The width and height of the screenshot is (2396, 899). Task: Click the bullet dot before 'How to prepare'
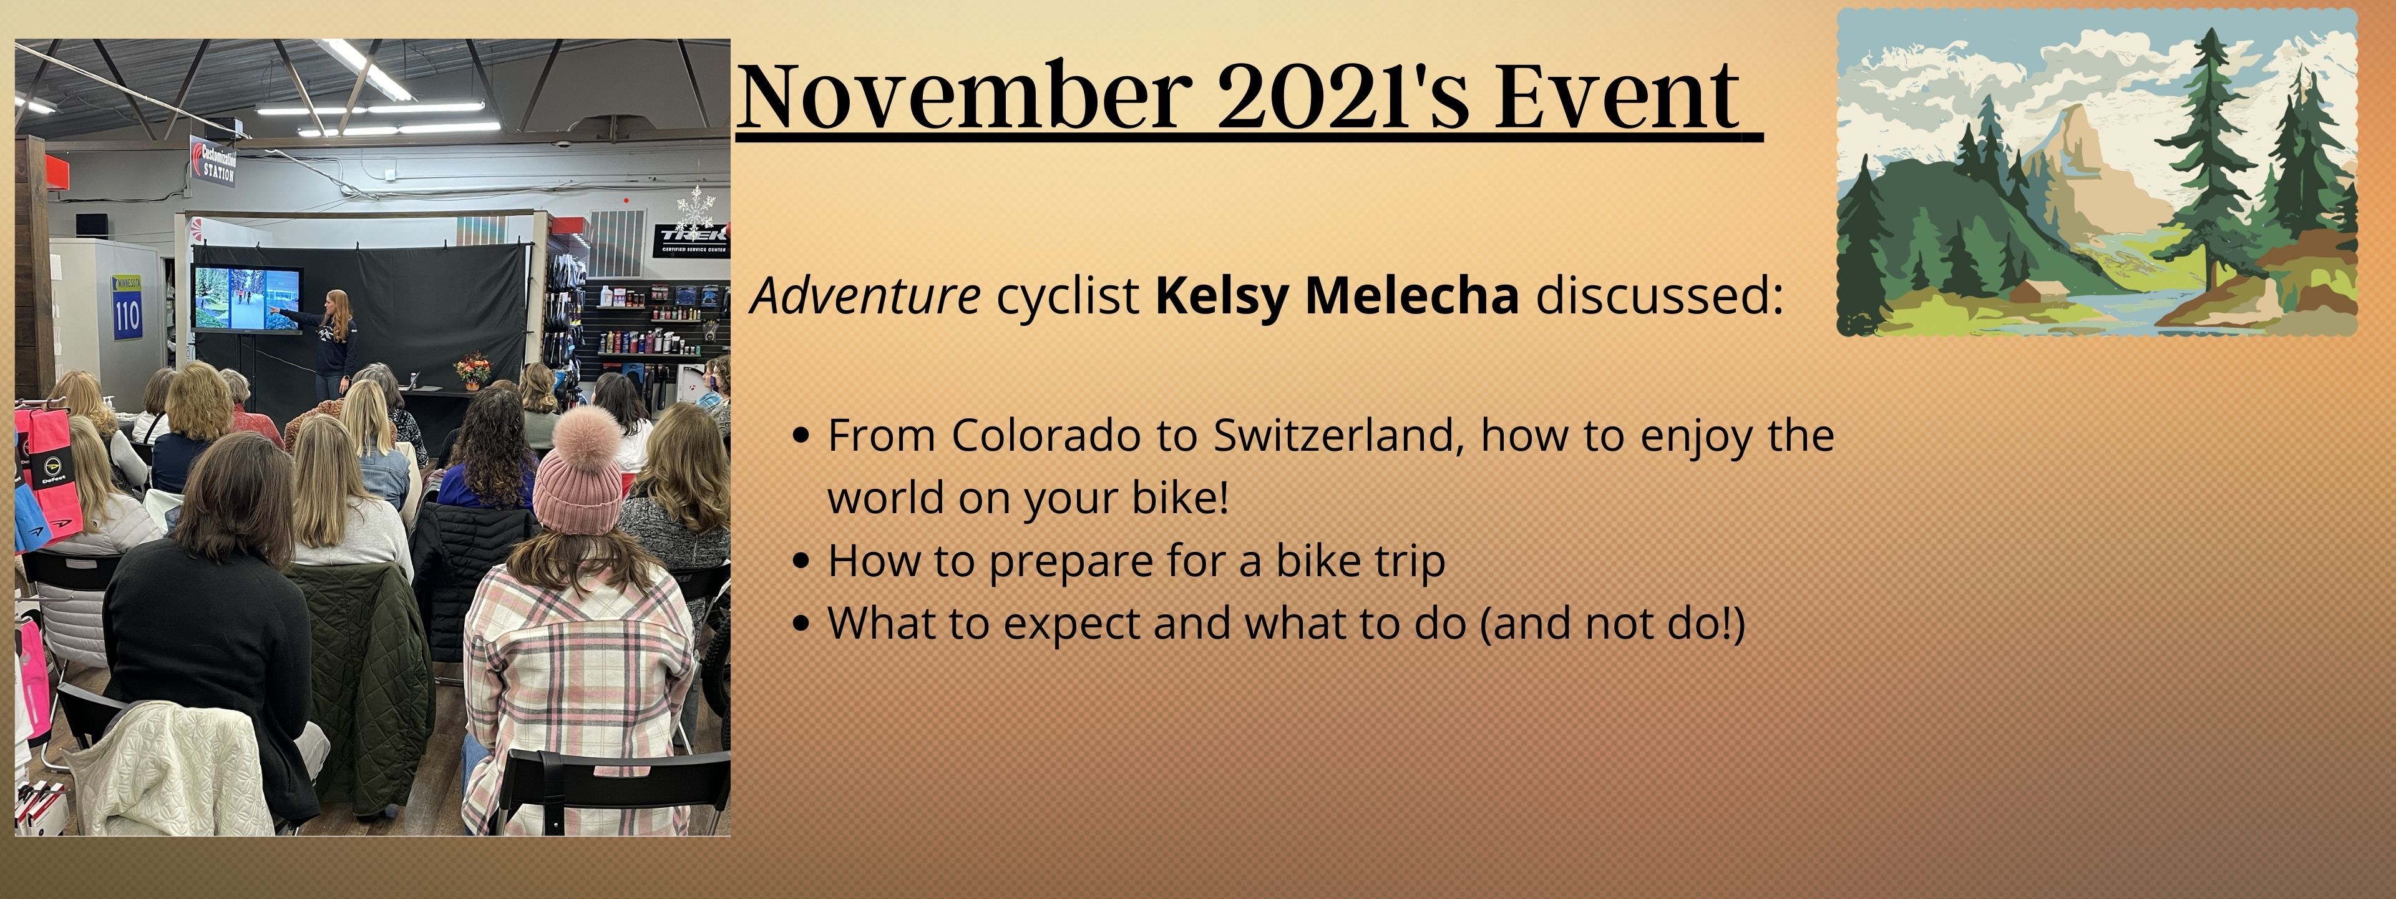pos(802,562)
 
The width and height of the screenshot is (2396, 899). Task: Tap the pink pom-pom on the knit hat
pos(588,438)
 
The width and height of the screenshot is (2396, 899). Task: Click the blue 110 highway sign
pos(127,307)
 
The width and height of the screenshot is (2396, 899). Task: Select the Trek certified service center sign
pos(691,239)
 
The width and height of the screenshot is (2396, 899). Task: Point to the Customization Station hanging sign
pos(213,160)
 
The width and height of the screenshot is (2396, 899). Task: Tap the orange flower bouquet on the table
pos(472,368)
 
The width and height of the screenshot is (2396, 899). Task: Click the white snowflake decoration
pos(695,209)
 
